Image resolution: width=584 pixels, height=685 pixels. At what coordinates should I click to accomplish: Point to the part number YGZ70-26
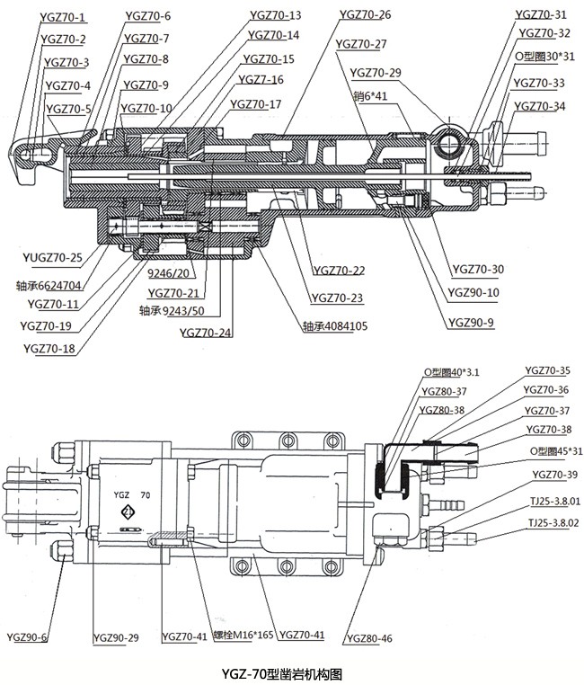[366, 15]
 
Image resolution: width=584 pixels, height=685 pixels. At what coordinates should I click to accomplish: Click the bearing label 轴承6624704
[49, 286]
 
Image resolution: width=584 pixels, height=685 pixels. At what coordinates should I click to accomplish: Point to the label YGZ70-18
[49, 349]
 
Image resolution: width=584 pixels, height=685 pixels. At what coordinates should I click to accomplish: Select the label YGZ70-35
[546, 370]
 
